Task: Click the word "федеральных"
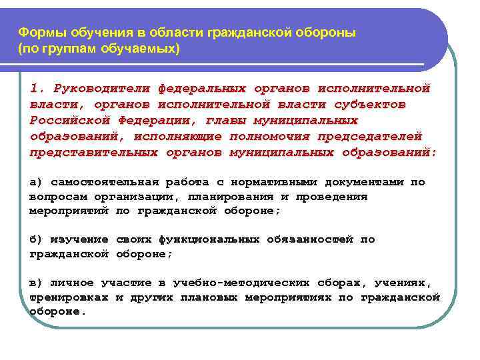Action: pos(201,88)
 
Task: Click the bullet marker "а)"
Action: pos(36,182)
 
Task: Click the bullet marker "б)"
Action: pos(36,239)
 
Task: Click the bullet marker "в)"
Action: pos(36,283)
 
